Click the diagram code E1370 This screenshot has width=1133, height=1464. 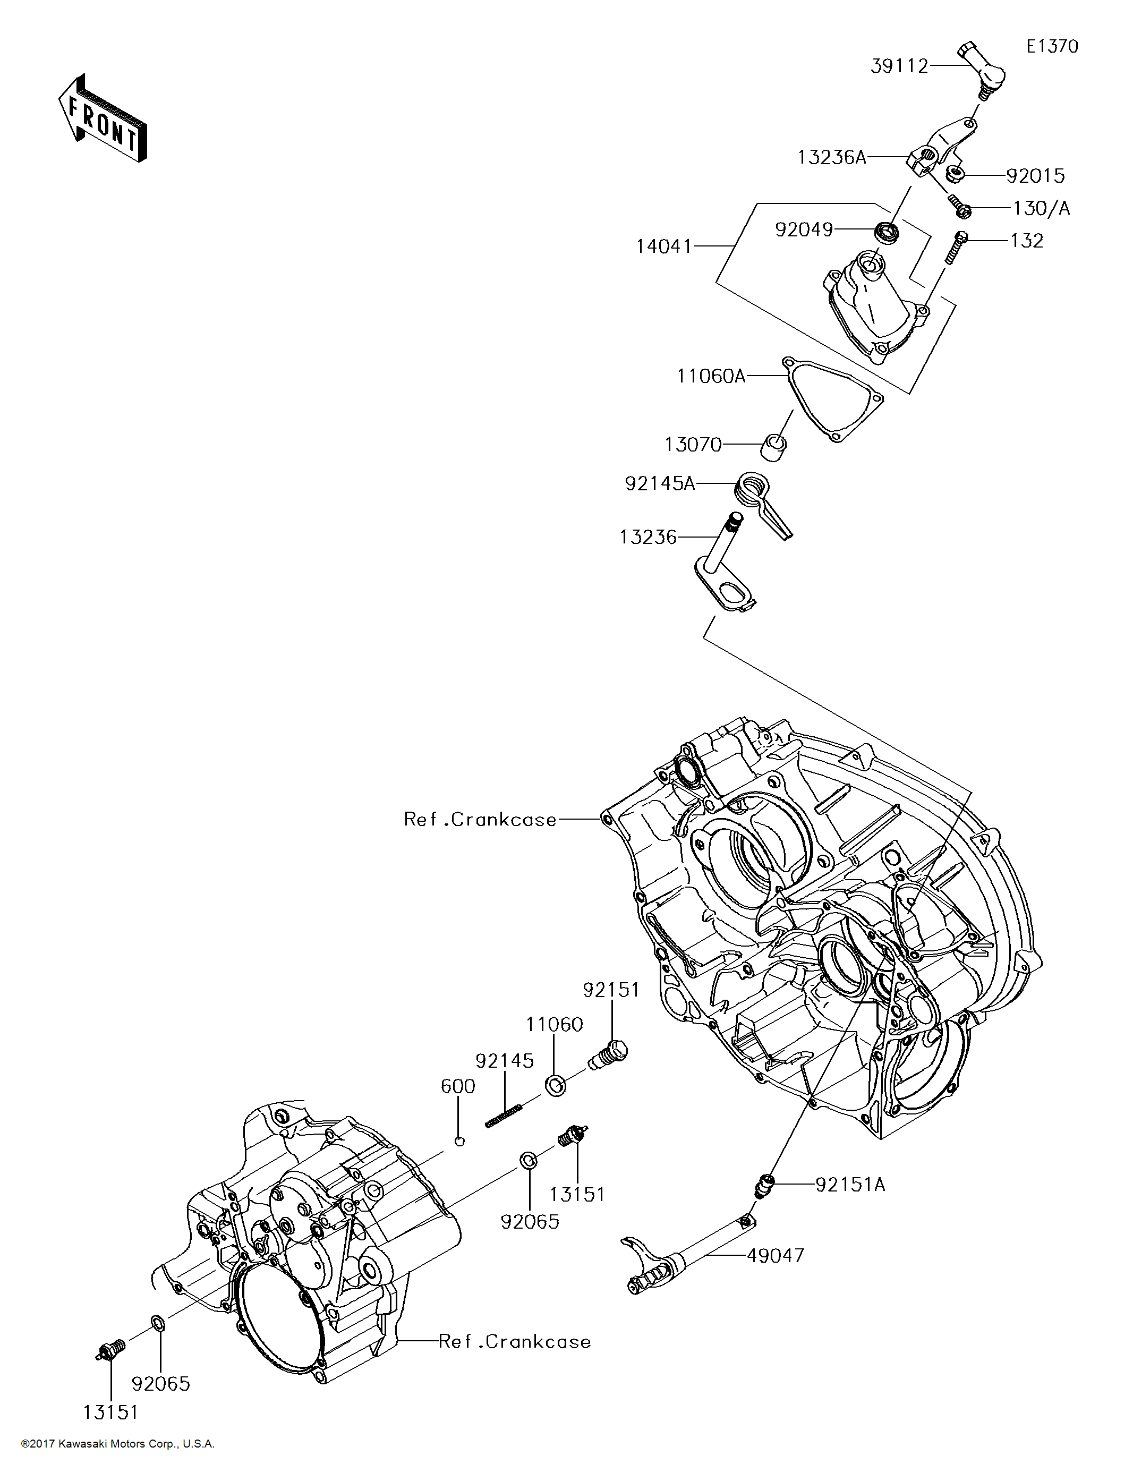pos(1052,46)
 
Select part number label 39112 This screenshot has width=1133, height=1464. pos(899,66)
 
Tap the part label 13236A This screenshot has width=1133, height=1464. pos(831,158)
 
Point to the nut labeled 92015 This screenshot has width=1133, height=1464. pos(955,175)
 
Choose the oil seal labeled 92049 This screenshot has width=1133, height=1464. pos(887,233)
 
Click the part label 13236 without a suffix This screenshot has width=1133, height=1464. pos(648,537)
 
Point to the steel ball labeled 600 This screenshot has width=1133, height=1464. pos(459,1142)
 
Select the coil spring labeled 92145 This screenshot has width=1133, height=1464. pos(504,1117)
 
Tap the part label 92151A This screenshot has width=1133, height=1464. pos(850,1185)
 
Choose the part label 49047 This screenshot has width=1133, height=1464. pos(775,1256)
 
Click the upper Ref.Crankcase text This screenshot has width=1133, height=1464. pos(480,819)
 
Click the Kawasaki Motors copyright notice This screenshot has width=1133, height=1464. pos(117,1443)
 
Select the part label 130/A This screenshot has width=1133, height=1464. pos(1041,208)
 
